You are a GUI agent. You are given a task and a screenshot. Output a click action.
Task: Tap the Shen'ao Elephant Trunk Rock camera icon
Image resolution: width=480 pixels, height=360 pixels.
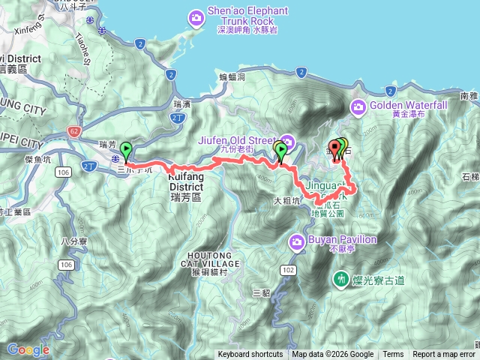(196, 16)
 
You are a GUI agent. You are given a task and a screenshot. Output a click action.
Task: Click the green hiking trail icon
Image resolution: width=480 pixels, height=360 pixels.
(341, 279)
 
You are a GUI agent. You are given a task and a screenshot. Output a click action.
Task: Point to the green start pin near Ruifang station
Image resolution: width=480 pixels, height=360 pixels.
(125, 149)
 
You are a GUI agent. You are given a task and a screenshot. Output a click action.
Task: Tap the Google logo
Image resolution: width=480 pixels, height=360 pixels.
(28, 349)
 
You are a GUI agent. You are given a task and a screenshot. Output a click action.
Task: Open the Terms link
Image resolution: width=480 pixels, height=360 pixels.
(393, 355)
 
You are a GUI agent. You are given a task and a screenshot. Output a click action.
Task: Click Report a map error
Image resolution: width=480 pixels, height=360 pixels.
(444, 355)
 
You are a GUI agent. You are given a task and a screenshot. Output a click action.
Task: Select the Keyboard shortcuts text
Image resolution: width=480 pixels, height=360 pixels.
(250, 355)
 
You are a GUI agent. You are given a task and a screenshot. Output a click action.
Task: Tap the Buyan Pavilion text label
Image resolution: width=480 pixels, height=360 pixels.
(334, 240)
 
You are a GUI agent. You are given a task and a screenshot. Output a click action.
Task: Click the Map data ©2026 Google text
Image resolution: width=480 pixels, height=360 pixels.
(332, 355)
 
